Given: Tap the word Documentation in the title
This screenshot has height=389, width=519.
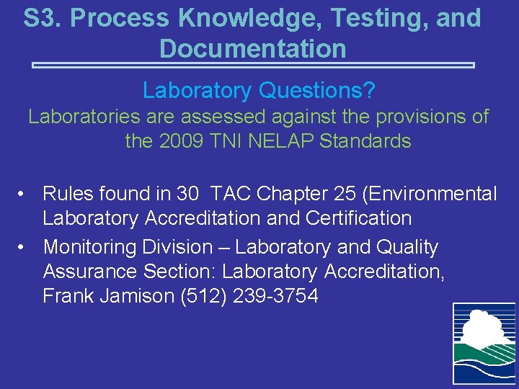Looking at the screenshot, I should [252, 48].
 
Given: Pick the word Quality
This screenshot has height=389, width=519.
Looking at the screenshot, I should [407, 247].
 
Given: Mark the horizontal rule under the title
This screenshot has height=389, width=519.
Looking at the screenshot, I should [253, 66].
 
